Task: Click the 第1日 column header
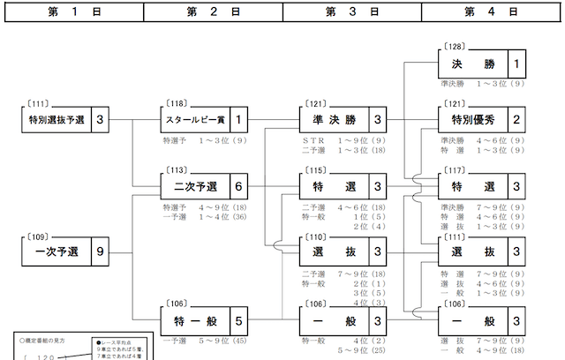click(x=72, y=11)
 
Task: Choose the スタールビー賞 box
click(x=194, y=119)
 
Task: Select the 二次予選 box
click(x=194, y=186)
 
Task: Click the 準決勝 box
click(x=333, y=119)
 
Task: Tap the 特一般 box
click(x=194, y=319)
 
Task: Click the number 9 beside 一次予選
click(x=100, y=252)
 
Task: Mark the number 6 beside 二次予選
click(x=238, y=186)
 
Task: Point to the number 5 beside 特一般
click(x=238, y=319)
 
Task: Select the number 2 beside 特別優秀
click(x=516, y=119)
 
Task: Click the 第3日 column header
click(x=352, y=11)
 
